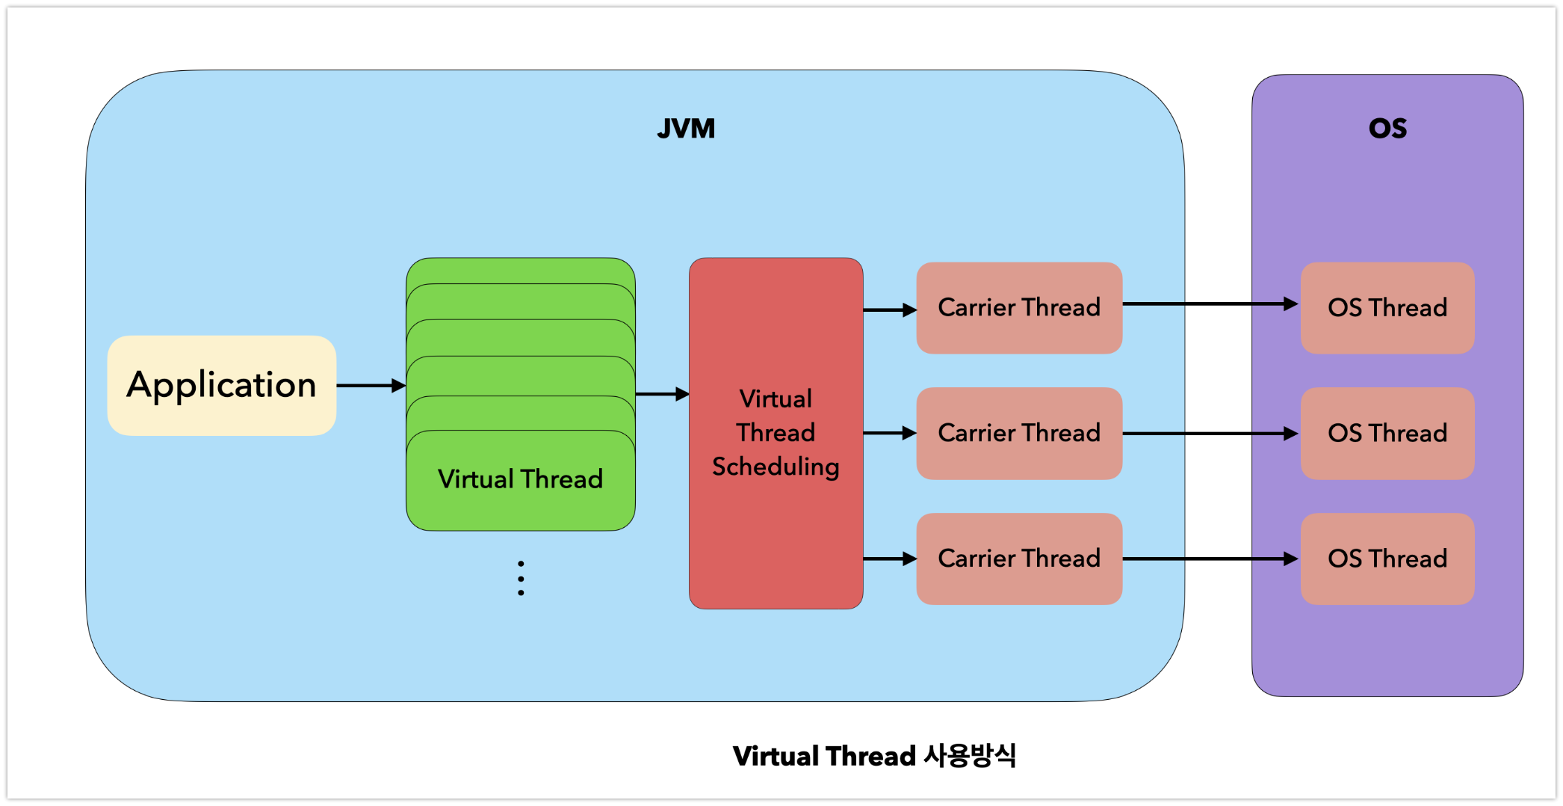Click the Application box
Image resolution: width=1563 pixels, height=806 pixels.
pos(221,385)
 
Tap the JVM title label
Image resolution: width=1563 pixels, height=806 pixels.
pos(686,129)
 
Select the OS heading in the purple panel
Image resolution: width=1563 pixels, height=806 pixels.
pos(1387,129)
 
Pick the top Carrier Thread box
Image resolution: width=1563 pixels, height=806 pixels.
pos(1019,307)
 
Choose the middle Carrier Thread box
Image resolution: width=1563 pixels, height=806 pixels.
pos(1019,433)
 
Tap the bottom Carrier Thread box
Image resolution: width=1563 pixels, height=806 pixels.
pos(1019,559)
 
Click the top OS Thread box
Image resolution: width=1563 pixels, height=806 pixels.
pos(1387,307)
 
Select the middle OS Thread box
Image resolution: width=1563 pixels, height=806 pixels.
pos(1387,433)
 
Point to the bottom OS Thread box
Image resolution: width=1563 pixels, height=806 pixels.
pos(1387,559)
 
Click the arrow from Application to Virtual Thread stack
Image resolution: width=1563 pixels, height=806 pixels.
pos(371,386)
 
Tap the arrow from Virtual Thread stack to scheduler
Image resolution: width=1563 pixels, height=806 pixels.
pos(662,394)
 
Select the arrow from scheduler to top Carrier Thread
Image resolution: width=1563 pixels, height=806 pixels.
pos(889,310)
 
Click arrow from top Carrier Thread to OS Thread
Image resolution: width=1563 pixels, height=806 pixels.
pos(1210,304)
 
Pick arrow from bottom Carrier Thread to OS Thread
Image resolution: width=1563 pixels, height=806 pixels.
pos(1210,559)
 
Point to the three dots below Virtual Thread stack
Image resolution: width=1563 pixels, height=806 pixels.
pos(521,578)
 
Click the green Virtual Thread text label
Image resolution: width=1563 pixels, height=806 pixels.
pos(520,479)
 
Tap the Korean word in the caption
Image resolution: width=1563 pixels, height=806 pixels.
pos(969,756)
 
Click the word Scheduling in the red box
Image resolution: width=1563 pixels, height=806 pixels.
pos(776,467)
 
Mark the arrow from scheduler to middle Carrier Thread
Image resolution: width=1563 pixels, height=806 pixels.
pos(889,433)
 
